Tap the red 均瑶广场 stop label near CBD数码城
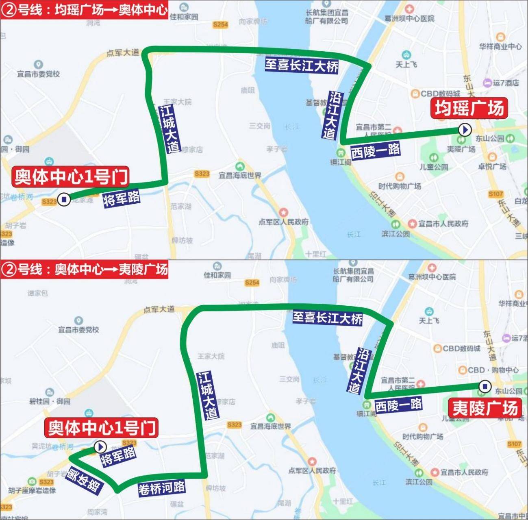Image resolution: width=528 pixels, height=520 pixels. (469, 108)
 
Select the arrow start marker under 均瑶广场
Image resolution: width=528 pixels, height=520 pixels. (464, 130)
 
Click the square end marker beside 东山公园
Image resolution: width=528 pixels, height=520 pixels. (484, 386)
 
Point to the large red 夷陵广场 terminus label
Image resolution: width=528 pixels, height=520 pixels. (485, 408)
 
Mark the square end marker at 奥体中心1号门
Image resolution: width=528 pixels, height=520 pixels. (63, 199)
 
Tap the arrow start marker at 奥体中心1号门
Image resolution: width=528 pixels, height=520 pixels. (100, 447)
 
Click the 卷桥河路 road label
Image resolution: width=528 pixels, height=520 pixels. (161, 487)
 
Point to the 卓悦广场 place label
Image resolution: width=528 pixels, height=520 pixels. (492, 166)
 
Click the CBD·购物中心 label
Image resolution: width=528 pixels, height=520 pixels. (493, 370)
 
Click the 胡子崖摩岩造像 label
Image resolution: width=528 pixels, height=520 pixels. (32, 491)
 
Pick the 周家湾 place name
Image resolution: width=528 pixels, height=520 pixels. (97, 512)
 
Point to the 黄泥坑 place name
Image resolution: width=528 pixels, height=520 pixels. (41, 446)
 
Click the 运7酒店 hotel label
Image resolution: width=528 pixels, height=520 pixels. (506, 83)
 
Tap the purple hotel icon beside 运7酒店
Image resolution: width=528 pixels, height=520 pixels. (487, 83)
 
